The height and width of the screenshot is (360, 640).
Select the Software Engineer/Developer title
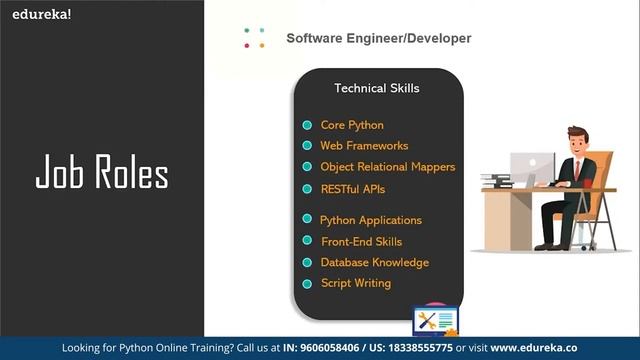[x=378, y=39]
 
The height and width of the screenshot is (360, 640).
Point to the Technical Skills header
[x=377, y=89]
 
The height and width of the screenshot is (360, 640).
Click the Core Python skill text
[x=352, y=125]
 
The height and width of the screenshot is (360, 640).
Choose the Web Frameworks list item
[x=364, y=146]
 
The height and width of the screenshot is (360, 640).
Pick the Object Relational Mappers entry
[x=387, y=167]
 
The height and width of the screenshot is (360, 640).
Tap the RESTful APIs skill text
[x=352, y=188]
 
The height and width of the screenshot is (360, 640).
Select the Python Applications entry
[x=371, y=220]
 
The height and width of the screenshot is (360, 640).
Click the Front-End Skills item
[x=361, y=241]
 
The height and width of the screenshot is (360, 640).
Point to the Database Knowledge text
[x=374, y=262]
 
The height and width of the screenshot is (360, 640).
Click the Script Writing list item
[x=355, y=283]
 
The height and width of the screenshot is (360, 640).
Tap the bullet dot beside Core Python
[x=308, y=126]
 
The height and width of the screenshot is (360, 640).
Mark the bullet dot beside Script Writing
[x=308, y=284]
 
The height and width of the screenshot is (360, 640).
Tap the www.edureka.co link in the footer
[x=534, y=348]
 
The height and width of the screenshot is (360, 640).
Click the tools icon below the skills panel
[x=434, y=322]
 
